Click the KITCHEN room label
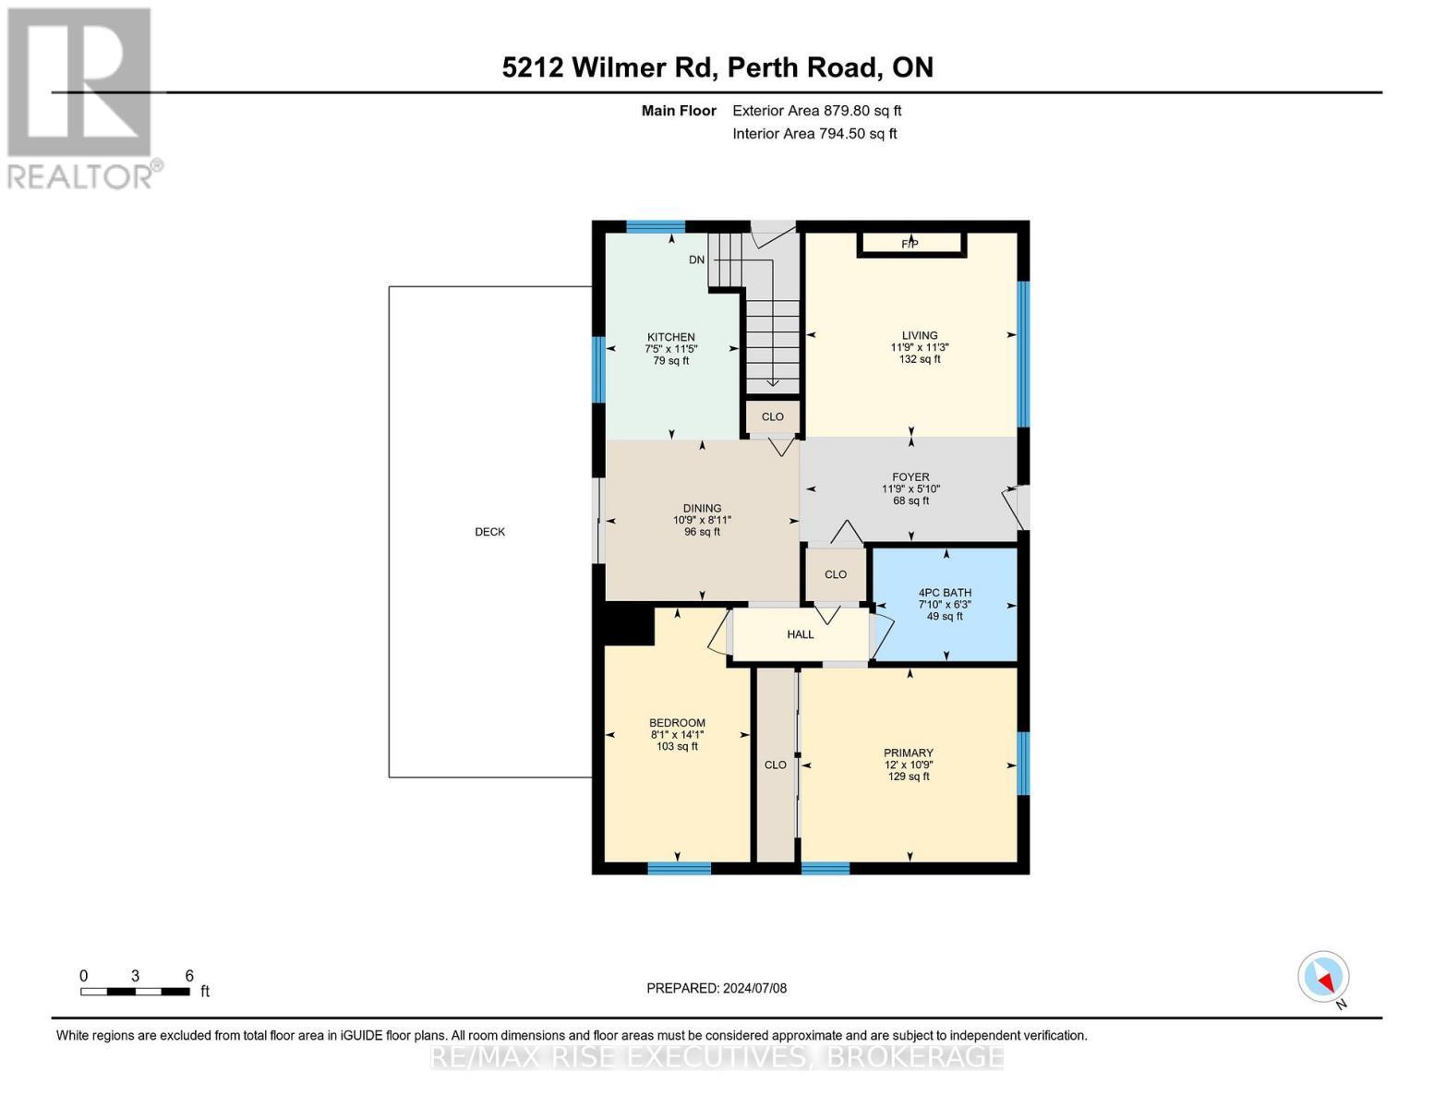point(671,337)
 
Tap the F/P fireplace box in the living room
point(910,244)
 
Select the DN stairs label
point(697,259)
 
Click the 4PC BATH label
point(945,593)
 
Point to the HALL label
point(801,634)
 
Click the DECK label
point(489,532)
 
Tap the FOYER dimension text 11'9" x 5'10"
point(910,489)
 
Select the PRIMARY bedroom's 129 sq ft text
point(909,777)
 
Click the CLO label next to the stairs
point(773,416)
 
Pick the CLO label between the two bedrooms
point(776,765)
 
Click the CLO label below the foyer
point(836,574)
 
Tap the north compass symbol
point(1324,977)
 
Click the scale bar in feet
point(136,991)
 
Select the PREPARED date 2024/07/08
point(717,988)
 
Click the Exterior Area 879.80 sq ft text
point(816,111)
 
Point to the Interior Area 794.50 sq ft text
point(814,134)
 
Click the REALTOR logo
point(81,97)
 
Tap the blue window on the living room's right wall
point(1023,354)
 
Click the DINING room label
point(702,508)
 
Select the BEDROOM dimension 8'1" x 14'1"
point(677,735)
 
